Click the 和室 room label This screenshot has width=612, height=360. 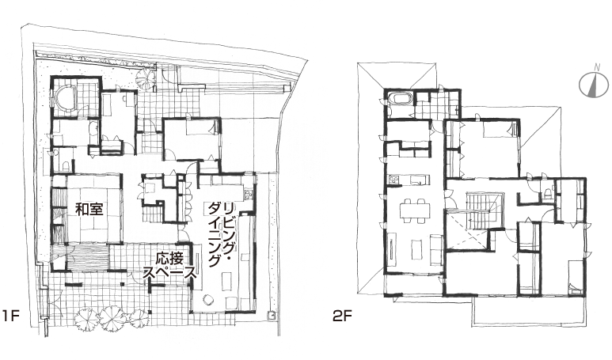click(x=89, y=209)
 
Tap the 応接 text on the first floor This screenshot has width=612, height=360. click(x=169, y=258)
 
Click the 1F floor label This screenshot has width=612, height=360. click(x=10, y=316)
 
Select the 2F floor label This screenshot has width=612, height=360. click(x=342, y=316)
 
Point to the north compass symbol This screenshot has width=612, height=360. click(x=594, y=85)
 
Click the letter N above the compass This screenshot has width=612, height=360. click(x=597, y=67)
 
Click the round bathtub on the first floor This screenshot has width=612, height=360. click(x=65, y=97)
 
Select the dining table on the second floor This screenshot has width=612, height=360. click(x=415, y=211)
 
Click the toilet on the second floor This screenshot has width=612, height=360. click(x=549, y=193)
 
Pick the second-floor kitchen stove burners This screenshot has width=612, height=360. click(x=393, y=180)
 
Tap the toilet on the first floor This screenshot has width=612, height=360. click(x=66, y=165)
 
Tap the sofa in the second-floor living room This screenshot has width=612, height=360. click(x=436, y=248)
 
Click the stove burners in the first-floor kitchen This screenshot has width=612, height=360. click(x=249, y=194)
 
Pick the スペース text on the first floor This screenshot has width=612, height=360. click(x=170, y=273)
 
